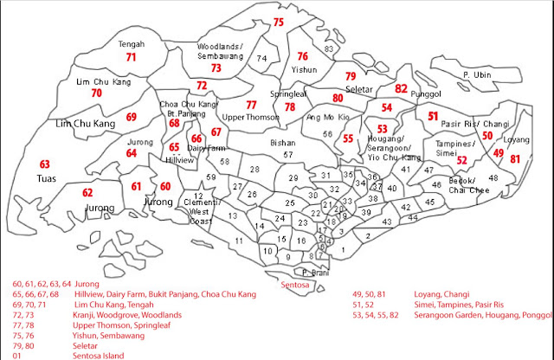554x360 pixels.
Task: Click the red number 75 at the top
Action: pyautogui.click(x=279, y=22)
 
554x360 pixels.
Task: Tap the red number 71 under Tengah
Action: pyautogui.click(x=132, y=56)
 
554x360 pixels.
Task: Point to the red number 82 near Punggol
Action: pyautogui.click(x=401, y=88)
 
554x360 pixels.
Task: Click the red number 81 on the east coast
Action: pyautogui.click(x=515, y=158)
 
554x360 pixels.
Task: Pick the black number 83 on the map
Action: pyautogui.click(x=329, y=49)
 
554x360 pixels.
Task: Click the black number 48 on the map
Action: pyautogui.click(x=493, y=177)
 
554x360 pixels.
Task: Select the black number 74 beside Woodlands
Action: pyautogui.click(x=261, y=58)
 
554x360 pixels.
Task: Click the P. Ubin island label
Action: pyautogui.click(x=477, y=76)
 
